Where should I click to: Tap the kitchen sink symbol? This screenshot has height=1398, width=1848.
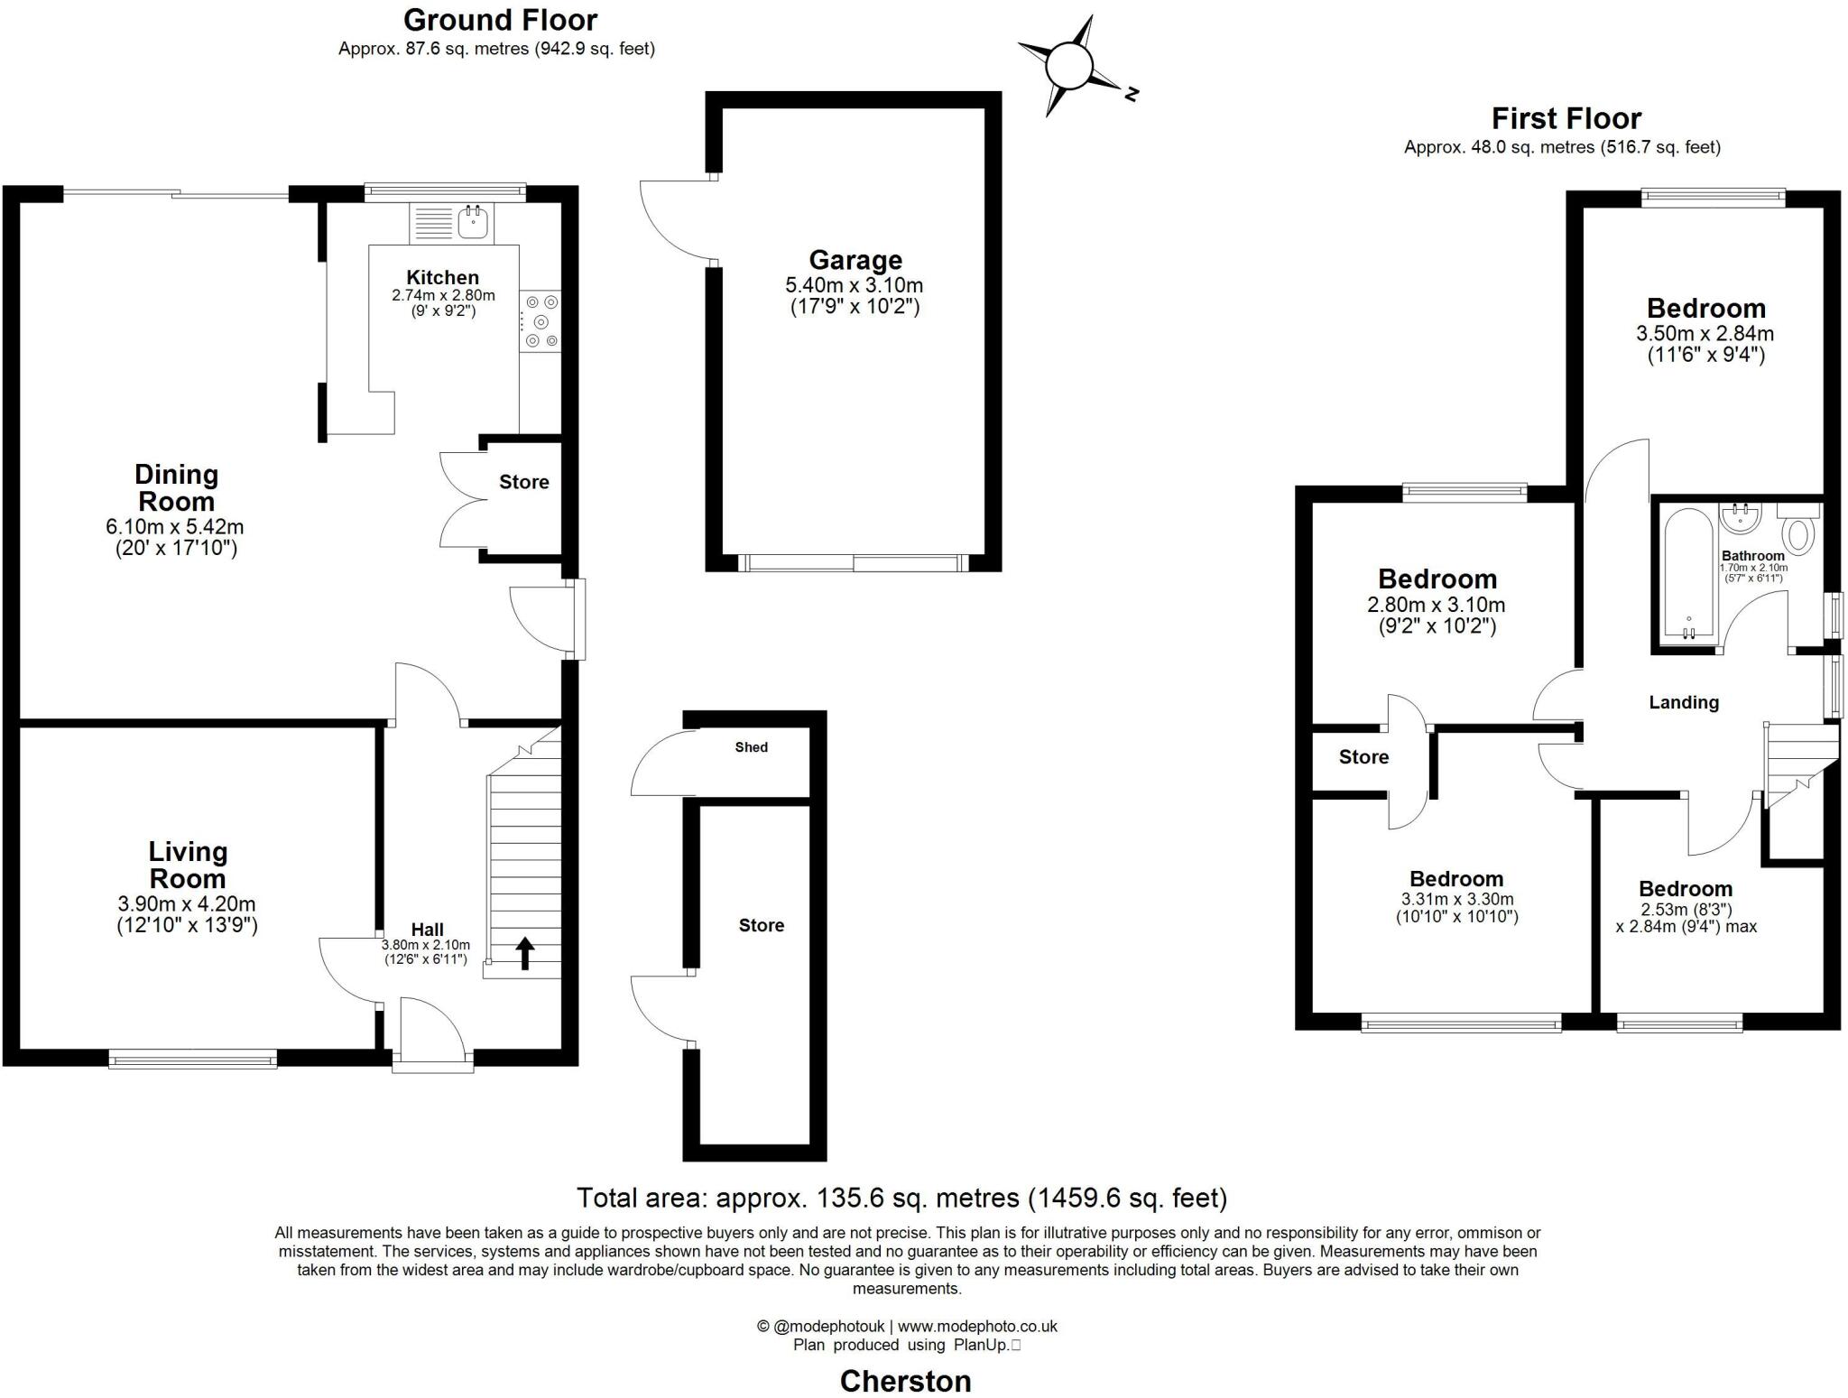pos(473,221)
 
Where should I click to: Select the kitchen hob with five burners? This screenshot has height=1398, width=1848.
pos(541,321)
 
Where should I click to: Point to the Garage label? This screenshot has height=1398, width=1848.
pos(855,260)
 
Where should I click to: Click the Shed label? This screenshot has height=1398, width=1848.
pos(751,747)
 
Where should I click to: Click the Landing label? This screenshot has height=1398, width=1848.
pos(1683,702)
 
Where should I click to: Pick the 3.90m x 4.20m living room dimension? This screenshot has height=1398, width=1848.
pos(187,903)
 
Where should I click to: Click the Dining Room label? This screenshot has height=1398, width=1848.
pos(176,487)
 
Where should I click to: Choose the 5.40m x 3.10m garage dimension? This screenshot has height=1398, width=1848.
pos(855,286)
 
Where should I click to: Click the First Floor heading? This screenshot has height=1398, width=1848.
pos(1566,118)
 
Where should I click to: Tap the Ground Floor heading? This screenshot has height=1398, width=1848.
pos(500,20)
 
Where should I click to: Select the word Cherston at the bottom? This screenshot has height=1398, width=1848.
pos(905,1381)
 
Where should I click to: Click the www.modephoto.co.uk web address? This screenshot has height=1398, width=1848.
pos(977,1326)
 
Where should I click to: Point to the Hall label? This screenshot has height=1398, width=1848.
pos(427,930)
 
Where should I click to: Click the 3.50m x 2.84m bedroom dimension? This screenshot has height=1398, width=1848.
pos(1705,333)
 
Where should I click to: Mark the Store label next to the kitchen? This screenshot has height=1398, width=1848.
pos(523,482)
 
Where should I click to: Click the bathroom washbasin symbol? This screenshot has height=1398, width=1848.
pos(1741,518)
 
